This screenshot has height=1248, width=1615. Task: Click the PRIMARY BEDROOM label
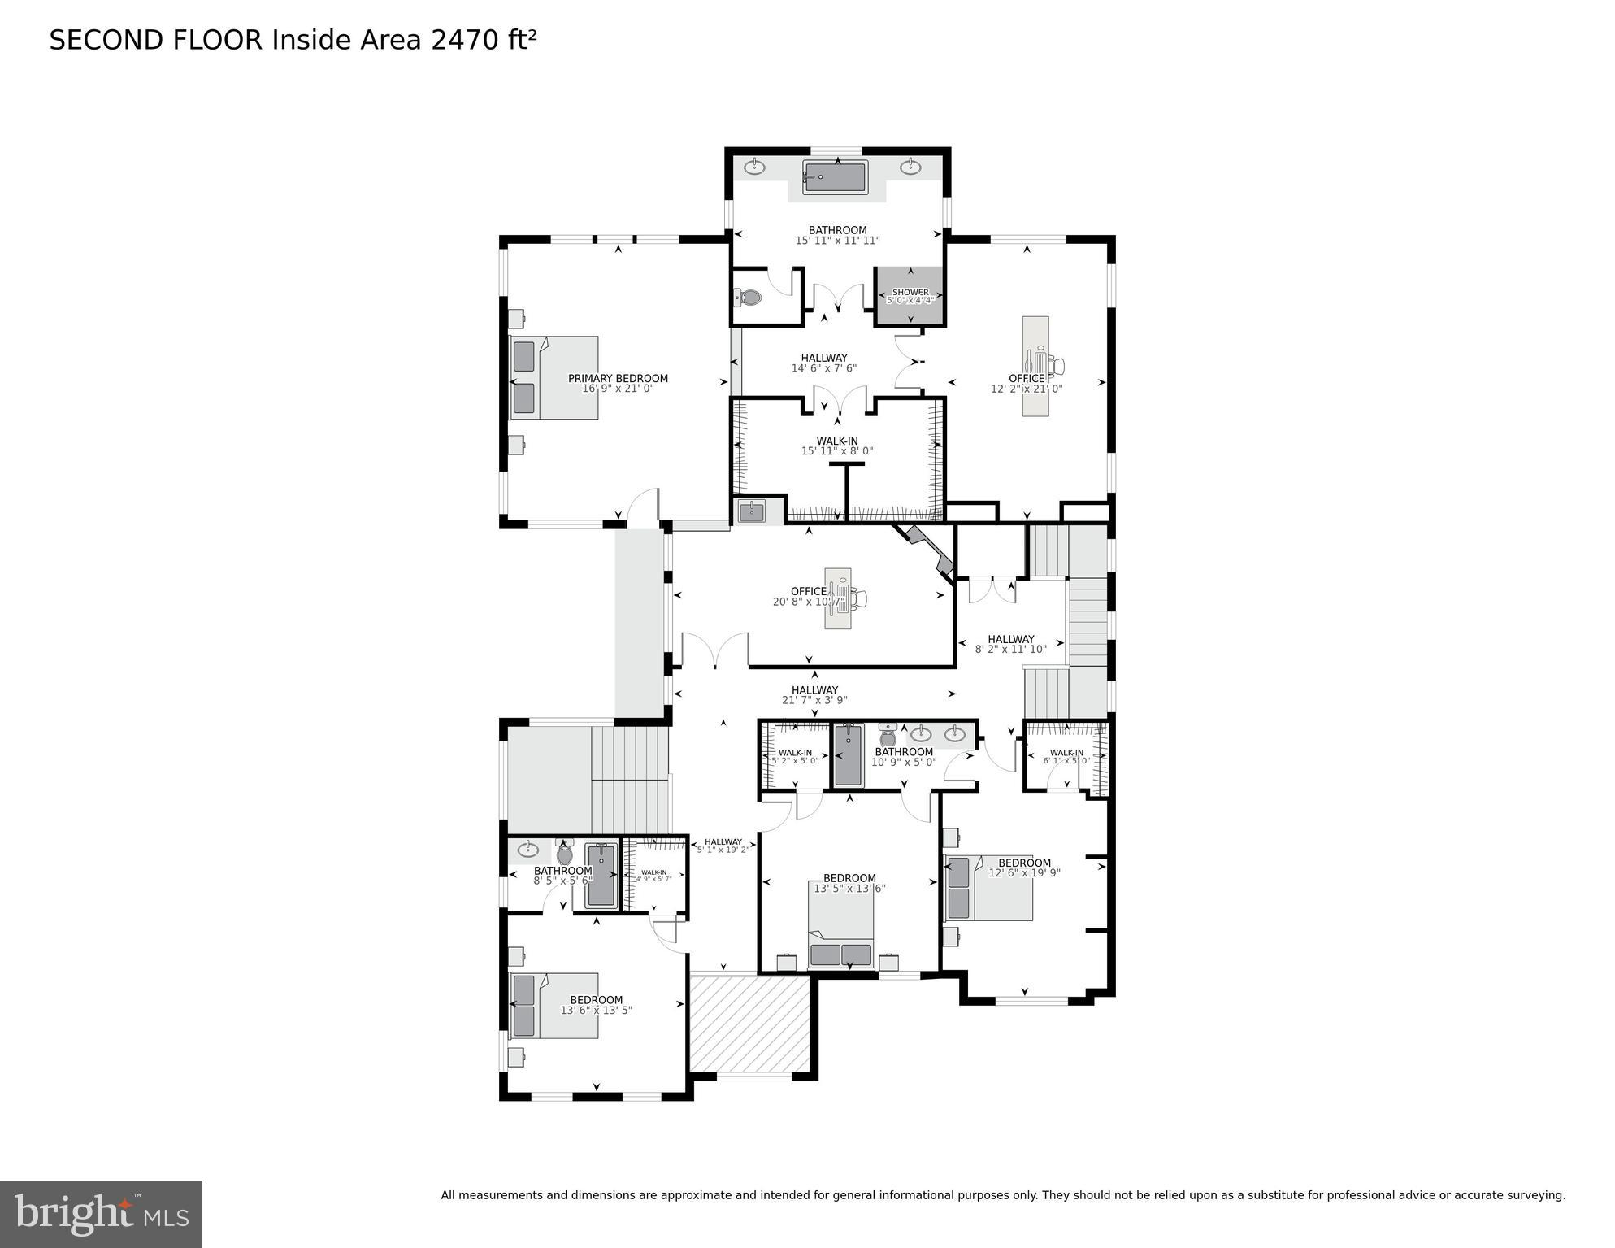tap(618, 378)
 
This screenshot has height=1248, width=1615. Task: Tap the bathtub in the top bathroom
tap(835, 177)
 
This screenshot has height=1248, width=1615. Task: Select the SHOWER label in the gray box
tap(910, 292)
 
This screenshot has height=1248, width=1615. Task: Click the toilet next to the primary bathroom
tap(749, 298)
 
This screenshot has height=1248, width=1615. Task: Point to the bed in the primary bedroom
tap(554, 378)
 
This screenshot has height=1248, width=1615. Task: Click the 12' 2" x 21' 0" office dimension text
tap(1027, 389)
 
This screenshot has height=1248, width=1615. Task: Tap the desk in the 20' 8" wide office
tap(838, 598)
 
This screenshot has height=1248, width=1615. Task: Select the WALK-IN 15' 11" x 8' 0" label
tap(837, 446)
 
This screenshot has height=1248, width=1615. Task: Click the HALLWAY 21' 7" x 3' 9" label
tap(814, 694)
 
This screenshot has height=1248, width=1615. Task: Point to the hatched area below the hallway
tap(749, 1024)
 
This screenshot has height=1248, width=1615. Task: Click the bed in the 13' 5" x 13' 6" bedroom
tap(841, 924)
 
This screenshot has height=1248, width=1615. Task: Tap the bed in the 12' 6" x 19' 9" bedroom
tap(988, 887)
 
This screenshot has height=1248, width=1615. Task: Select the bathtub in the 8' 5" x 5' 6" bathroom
tap(601, 875)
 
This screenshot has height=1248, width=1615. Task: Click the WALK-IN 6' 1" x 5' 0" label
tap(1066, 757)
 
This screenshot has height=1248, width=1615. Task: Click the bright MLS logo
tap(101, 1214)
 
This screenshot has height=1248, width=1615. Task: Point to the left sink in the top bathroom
tap(755, 167)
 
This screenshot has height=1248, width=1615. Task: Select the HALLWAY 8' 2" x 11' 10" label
tap(1010, 644)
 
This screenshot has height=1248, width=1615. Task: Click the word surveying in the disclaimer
tap(1535, 1195)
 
